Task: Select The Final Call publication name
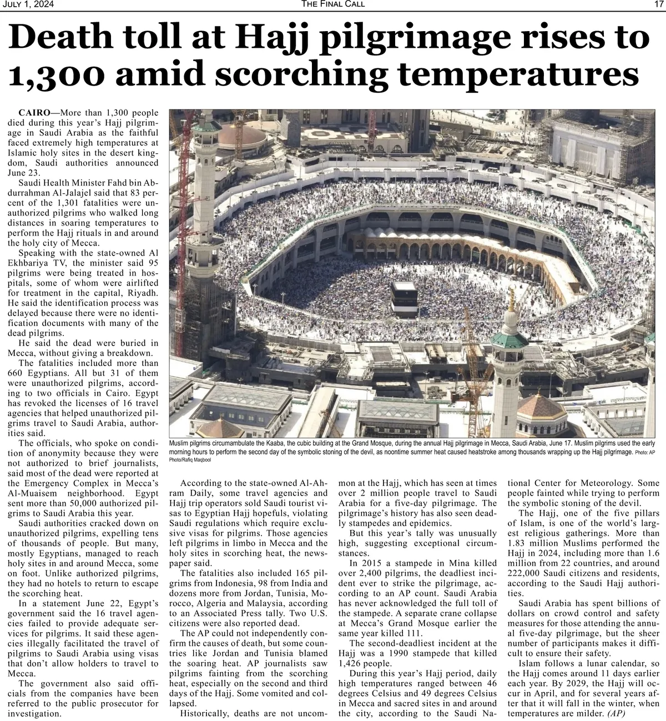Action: (x=333, y=5)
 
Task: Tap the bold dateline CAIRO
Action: (x=33, y=113)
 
